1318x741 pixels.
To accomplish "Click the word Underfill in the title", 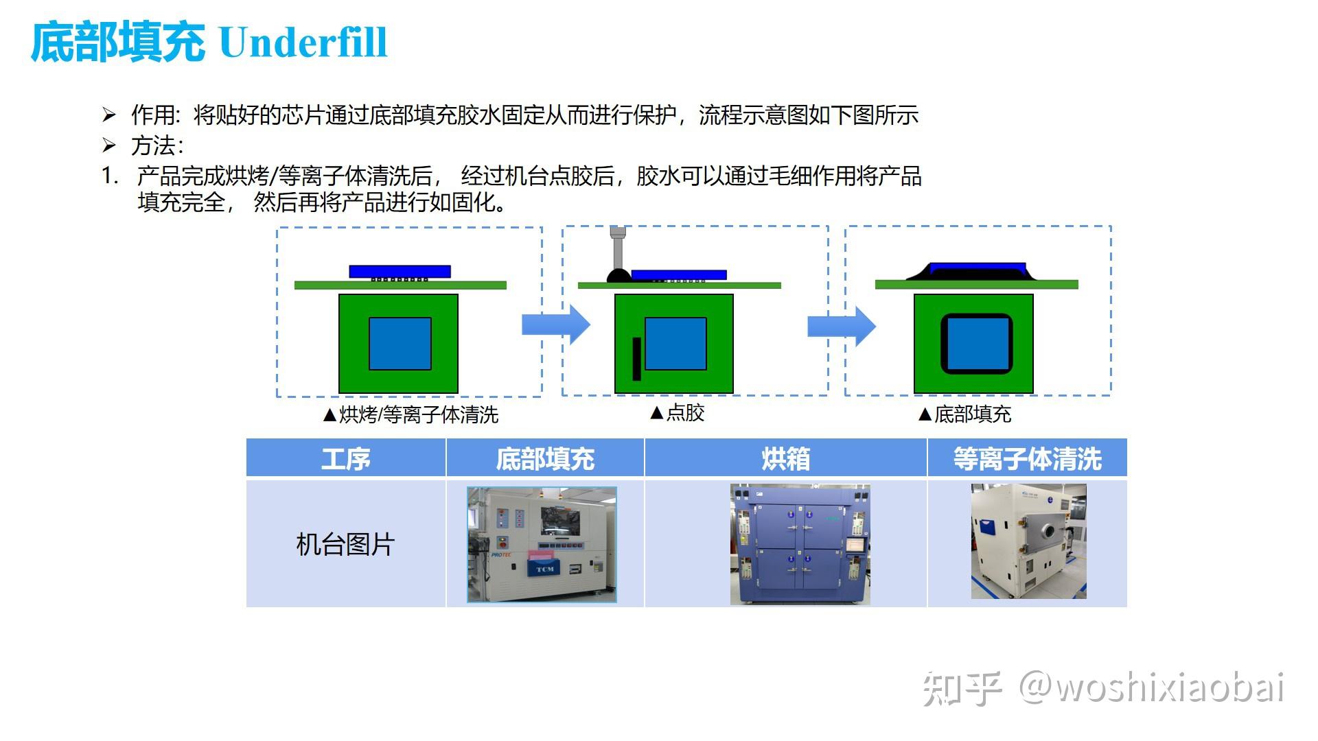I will pos(303,43).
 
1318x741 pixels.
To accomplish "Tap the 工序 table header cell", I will pos(345,458).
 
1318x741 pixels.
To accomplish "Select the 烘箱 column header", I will pos(785,458).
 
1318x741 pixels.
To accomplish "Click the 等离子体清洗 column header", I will pos(1027,458).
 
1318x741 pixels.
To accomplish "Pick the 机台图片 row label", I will pos(345,544).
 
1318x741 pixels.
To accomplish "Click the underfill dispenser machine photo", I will pos(542,544).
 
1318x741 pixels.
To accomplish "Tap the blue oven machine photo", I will pos(800,544).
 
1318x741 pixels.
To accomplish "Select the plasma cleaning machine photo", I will pos(1028,541).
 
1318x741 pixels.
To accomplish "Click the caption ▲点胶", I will pos(677,412).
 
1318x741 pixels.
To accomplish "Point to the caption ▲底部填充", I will pos(964,414).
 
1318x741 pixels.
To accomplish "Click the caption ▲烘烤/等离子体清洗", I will pos(411,414).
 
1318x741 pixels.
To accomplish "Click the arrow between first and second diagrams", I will pos(556,325).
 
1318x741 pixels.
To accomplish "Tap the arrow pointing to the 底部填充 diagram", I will pos(842,326).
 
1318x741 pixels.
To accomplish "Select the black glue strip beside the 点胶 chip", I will pos(636,359).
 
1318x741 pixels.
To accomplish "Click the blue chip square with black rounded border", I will pos(976,344).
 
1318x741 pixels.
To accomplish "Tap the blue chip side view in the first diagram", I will pos(400,271).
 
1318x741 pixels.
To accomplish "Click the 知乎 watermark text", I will pos(961,688).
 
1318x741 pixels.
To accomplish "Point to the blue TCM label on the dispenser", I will pos(544,569).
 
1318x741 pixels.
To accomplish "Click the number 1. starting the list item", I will pos(110,176).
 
